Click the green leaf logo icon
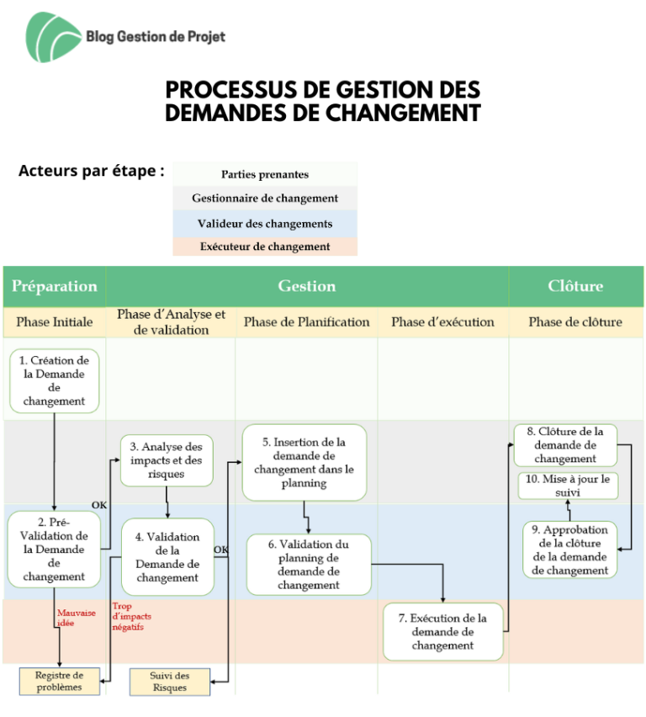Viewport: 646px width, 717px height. pos(53,37)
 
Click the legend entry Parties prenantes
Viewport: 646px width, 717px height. pos(265,174)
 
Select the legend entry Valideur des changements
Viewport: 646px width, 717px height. pos(265,224)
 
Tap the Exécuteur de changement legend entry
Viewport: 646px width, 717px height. pos(265,247)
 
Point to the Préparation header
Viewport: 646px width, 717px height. pos(55,286)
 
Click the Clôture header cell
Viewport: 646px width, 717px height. pos(575,286)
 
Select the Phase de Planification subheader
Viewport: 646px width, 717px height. pos(306,322)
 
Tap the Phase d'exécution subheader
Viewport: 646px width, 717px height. pos(442,322)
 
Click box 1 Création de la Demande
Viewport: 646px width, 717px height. pos(55,381)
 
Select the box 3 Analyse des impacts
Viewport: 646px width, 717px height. pos(167,460)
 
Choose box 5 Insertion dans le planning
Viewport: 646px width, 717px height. pos(304,462)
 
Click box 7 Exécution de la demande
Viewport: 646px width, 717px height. pos(442,631)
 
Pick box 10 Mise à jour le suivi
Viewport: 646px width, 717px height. pos(568,486)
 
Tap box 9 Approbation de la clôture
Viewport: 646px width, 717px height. pos(569,550)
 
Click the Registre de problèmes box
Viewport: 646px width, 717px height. pos(60,682)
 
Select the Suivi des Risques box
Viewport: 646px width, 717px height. pos(170,682)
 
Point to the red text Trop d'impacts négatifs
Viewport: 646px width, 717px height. pos(132,616)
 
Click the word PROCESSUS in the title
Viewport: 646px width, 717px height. pos(230,90)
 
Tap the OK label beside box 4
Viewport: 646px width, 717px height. pos(221,550)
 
